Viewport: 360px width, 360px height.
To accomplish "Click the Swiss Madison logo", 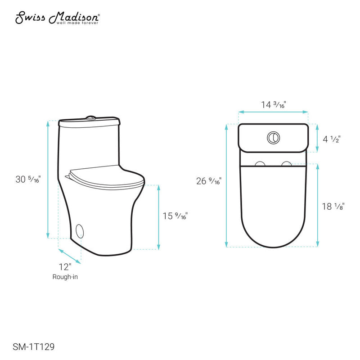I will [58, 18].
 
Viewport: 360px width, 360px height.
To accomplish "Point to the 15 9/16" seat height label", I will [175, 216].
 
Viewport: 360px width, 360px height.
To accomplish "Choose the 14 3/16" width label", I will [274, 104].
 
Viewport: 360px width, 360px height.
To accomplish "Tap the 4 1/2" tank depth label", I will [331, 139].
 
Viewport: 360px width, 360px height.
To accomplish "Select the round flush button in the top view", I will [273, 137].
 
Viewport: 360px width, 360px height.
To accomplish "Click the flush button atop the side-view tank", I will [90, 118].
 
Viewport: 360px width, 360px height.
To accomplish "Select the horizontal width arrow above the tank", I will [273, 112].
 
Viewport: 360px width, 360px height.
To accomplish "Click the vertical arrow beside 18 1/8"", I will [318, 205].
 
